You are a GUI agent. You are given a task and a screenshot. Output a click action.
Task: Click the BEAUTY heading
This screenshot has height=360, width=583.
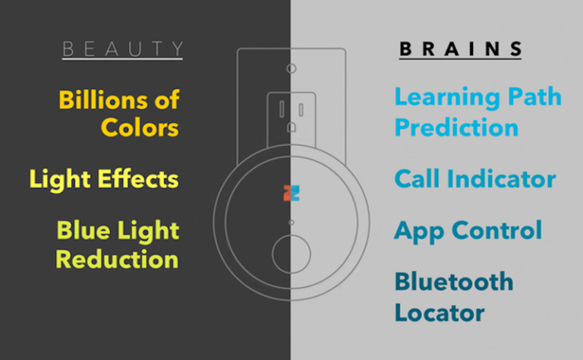(122, 50)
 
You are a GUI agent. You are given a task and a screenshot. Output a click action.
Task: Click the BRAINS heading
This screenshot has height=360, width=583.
(461, 50)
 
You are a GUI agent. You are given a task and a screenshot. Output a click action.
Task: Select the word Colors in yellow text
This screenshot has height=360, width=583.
(140, 127)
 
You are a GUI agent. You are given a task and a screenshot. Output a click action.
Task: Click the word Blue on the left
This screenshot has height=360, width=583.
(85, 231)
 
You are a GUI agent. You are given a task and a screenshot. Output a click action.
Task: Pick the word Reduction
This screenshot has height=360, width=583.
(117, 259)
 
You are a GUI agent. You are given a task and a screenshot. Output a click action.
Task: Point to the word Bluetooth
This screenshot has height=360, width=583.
(454, 282)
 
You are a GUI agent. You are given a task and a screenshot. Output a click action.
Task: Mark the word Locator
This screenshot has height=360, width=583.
(440, 311)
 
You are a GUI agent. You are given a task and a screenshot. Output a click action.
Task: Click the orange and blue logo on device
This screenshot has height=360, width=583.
(291, 191)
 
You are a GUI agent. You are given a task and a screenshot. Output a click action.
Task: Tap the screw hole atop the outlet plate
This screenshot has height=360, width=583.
(291, 68)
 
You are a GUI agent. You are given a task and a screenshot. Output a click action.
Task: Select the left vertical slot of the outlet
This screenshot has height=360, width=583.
(278, 106)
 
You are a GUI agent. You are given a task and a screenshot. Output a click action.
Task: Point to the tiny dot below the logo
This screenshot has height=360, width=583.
(291, 223)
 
